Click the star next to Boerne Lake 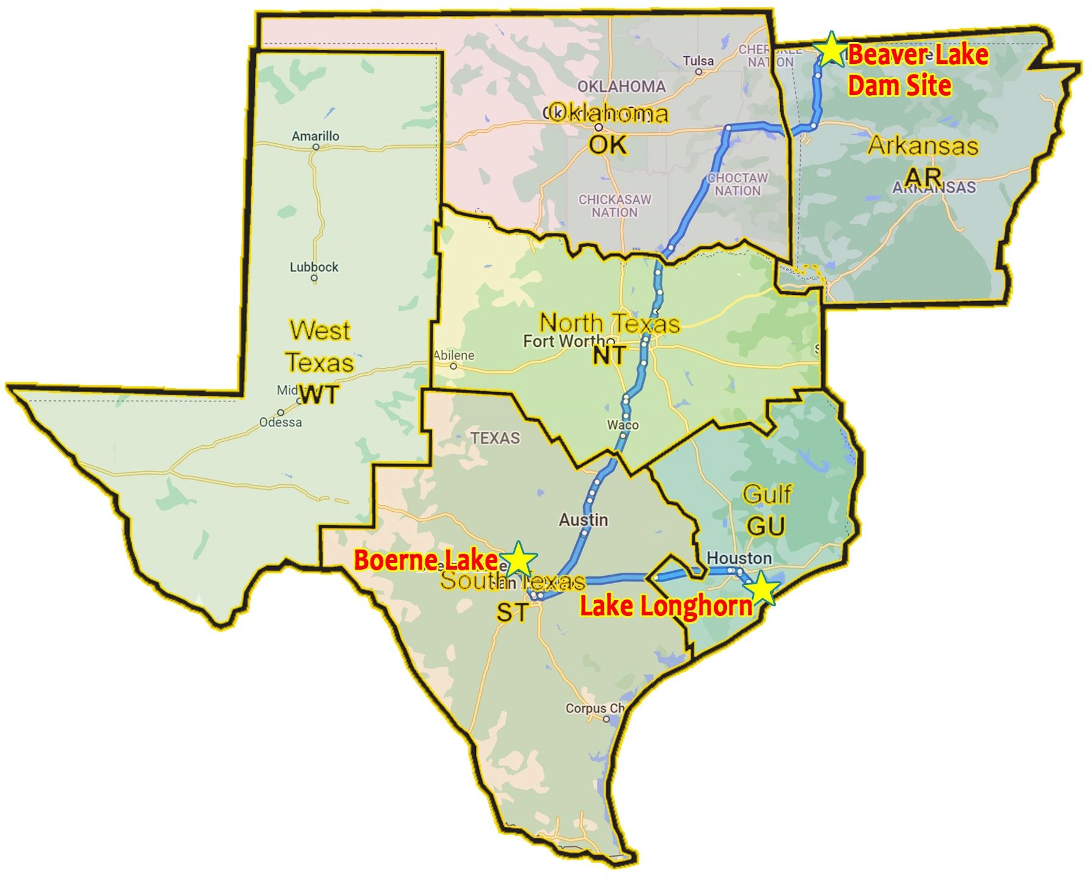click(x=518, y=559)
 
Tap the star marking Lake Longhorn click(x=762, y=589)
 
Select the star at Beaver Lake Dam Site click(x=830, y=50)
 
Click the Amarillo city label click(x=315, y=136)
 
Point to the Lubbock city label click(x=314, y=267)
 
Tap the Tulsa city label click(x=698, y=61)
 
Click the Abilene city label click(x=454, y=355)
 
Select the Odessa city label click(x=280, y=422)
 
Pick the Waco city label click(x=623, y=425)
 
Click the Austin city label click(x=583, y=520)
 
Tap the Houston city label click(x=739, y=558)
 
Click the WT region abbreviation click(x=319, y=395)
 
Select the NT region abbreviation click(x=609, y=355)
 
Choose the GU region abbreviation click(x=765, y=525)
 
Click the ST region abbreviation click(x=512, y=612)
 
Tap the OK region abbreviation click(x=608, y=145)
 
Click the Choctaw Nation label click(x=737, y=184)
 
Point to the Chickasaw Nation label click(x=615, y=206)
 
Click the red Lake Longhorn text click(x=665, y=606)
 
